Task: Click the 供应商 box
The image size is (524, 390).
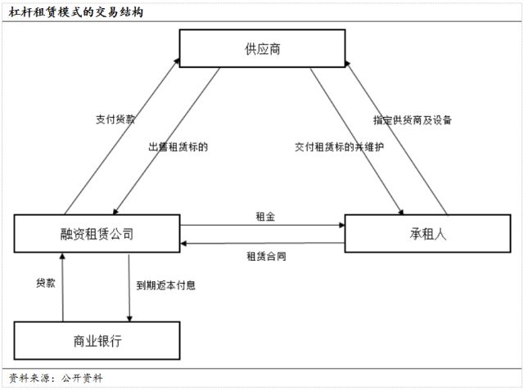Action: click(262, 48)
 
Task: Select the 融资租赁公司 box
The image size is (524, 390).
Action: click(97, 234)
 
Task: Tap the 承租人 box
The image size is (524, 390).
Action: click(427, 234)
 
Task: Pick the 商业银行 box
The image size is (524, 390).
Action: click(97, 341)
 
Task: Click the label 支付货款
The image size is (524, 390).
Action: click(115, 119)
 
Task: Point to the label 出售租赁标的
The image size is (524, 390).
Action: click(178, 147)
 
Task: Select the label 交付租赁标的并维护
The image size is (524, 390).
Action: click(339, 147)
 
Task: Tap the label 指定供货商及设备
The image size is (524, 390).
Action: click(413, 120)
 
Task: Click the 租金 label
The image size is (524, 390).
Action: click(265, 217)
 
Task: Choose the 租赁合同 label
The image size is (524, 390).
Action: click(266, 256)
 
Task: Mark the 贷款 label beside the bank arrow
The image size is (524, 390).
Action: click(46, 283)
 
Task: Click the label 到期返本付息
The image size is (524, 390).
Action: click(165, 285)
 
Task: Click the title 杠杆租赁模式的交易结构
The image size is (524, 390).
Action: click(76, 12)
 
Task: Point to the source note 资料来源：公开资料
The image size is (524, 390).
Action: click(56, 379)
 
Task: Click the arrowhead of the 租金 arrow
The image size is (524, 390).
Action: click(342, 225)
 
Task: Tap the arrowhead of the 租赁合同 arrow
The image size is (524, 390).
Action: click(183, 244)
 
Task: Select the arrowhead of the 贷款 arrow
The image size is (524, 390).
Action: click(62, 256)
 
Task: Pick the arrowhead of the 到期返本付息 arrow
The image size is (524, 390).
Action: click(129, 319)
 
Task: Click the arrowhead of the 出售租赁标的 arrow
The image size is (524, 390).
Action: click(115, 212)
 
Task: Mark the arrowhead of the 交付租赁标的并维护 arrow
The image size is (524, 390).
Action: click(400, 212)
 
